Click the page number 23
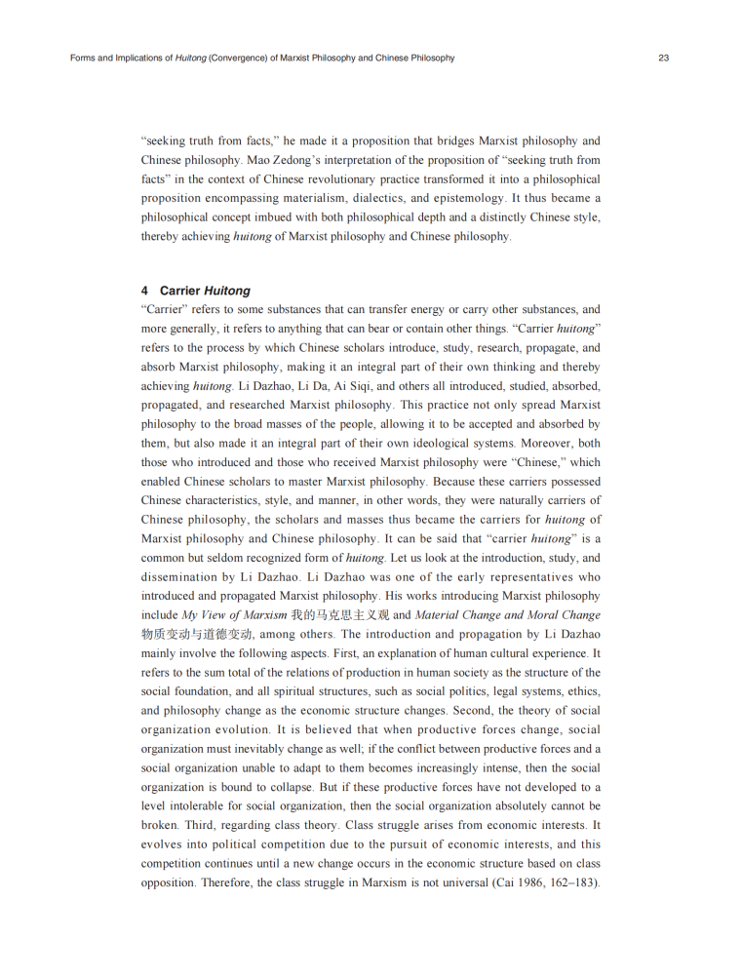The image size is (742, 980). click(x=663, y=59)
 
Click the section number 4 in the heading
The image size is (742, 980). click(x=144, y=291)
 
